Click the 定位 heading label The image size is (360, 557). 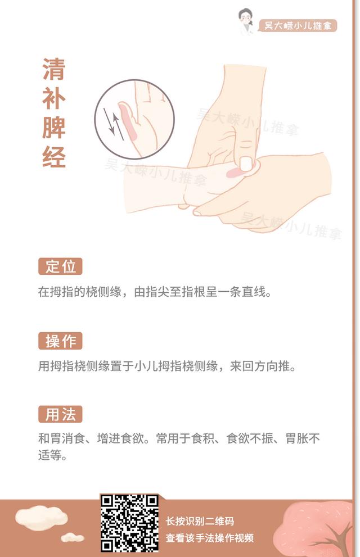(60, 266)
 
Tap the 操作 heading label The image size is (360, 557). (60, 341)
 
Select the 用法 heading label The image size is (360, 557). (60, 415)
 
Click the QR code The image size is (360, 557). (129, 523)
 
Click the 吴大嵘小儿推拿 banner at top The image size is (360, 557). (297, 26)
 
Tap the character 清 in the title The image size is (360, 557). (54, 69)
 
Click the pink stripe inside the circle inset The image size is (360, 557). (128, 121)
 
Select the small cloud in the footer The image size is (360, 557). (72, 538)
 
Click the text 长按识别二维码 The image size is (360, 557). (200, 521)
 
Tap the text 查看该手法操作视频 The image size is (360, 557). (209, 538)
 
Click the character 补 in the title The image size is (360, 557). (54, 98)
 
